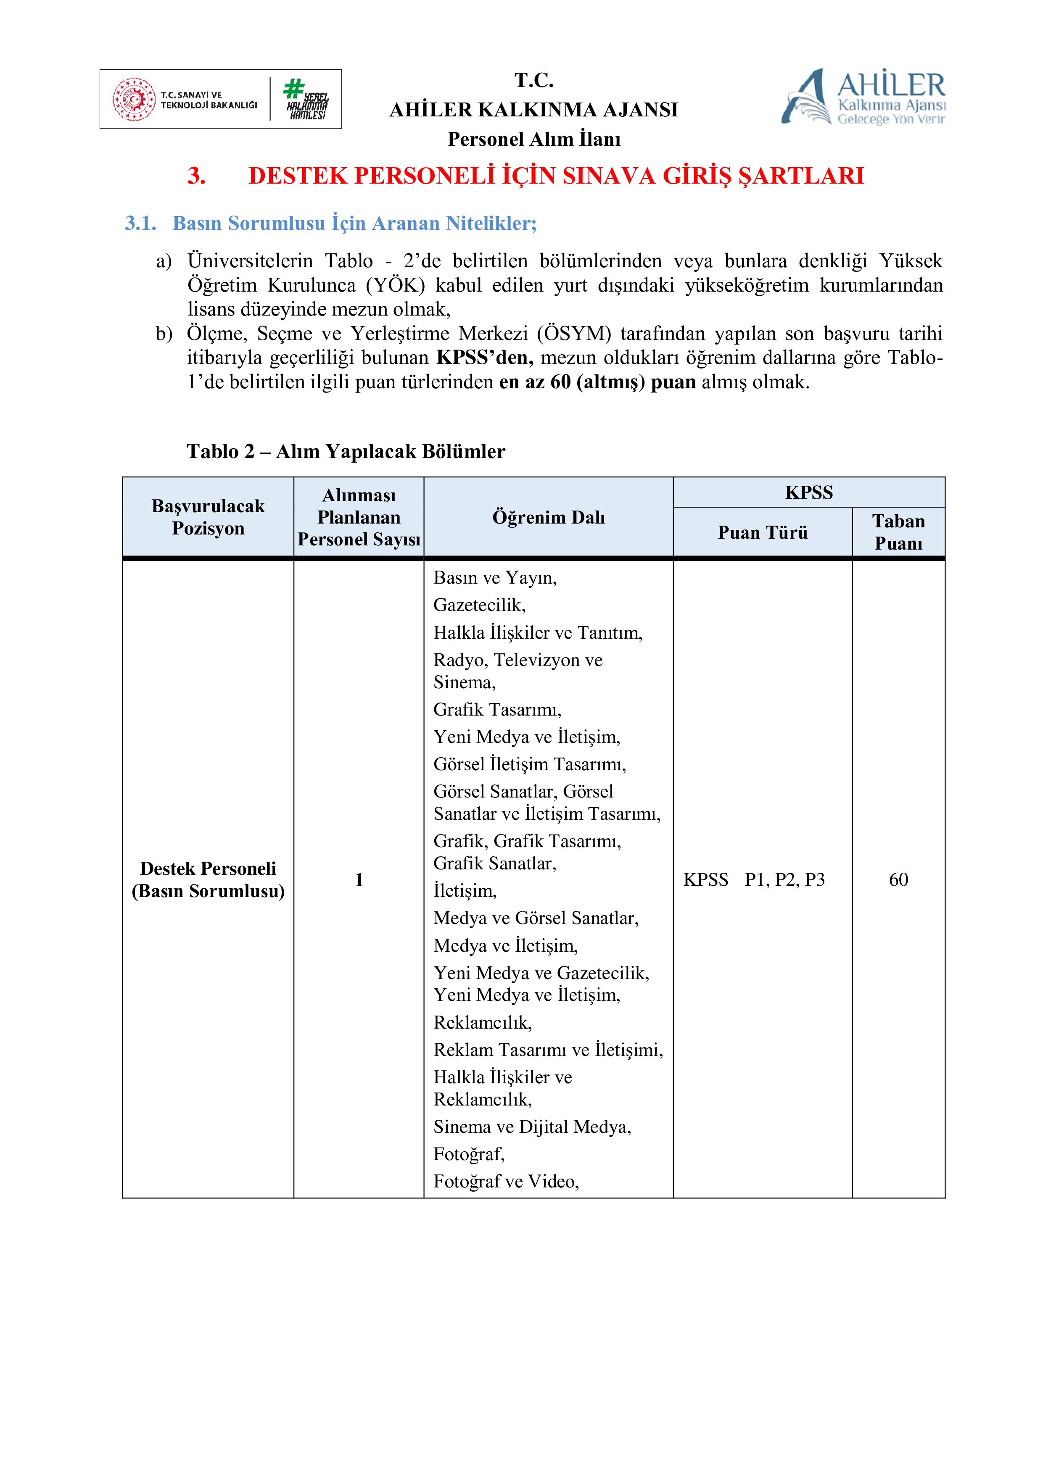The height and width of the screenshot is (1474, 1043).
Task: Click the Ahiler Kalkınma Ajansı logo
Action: point(863,97)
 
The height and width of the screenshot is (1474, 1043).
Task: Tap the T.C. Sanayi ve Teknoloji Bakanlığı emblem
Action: point(134,100)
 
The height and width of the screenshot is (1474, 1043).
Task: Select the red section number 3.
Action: point(196,176)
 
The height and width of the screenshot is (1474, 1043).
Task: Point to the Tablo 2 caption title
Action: point(346,451)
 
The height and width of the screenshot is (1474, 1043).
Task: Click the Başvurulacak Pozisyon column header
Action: point(208,517)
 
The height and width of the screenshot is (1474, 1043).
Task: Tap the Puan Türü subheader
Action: point(762,532)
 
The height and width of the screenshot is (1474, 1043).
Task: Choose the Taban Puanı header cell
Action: point(898,532)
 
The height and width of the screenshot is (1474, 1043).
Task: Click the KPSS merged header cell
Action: point(808,492)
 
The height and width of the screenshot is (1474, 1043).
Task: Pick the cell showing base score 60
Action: point(898,879)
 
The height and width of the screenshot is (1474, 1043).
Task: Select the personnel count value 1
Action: point(359,879)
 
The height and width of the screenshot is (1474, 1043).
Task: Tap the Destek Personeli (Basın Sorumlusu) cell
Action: point(208,879)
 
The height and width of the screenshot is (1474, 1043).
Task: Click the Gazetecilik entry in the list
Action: point(479,605)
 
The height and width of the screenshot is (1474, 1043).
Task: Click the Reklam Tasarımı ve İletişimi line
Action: point(548,1050)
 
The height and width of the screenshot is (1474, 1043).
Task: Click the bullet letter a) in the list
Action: point(164,261)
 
